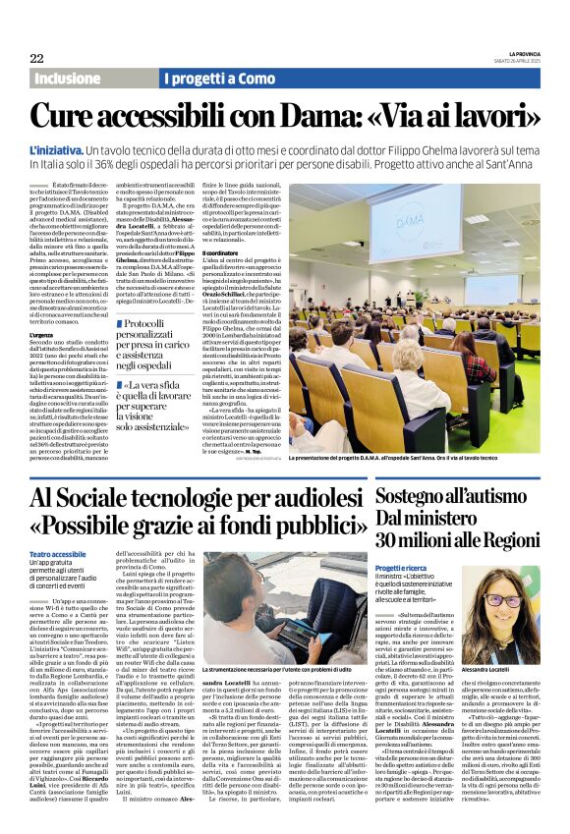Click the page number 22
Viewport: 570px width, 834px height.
click(x=36, y=58)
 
